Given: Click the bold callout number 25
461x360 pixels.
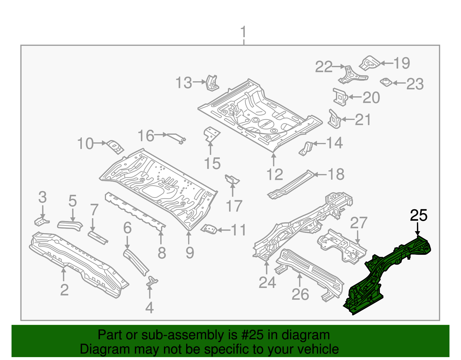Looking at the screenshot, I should (419, 216).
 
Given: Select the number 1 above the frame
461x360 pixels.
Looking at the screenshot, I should (243, 32).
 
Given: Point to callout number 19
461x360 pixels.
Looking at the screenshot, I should (402, 63).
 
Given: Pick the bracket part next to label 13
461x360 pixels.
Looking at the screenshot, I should (211, 82).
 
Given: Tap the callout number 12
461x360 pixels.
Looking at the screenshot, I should (275, 175).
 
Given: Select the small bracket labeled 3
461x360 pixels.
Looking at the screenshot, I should (41, 222).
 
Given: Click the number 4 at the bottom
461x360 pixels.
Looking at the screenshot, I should (149, 308).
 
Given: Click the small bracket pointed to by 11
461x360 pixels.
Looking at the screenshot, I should (209, 229).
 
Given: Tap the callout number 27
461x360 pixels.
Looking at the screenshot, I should (359, 223).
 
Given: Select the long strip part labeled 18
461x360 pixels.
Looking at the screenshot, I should (291, 184).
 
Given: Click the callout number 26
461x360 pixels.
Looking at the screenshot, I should (300, 294).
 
